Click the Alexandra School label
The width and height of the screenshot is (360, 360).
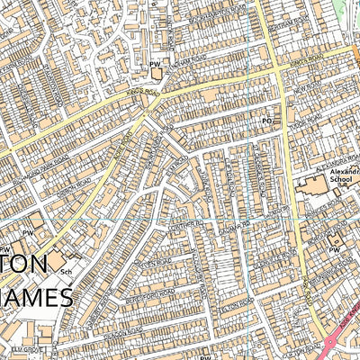[339, 175]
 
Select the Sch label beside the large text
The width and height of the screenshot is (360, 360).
[65, 270]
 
